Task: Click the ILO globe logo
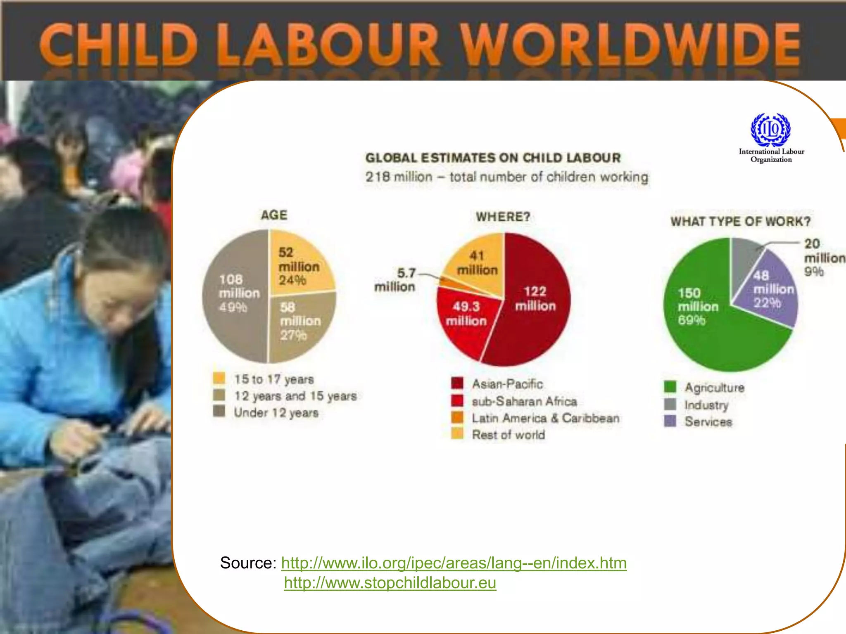(x=770, y=130)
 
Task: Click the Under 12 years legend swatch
(x=219, y=412)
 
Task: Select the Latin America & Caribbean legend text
(x=545, y=418)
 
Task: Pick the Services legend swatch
(x=670, y=421)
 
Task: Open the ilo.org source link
(x=454, y=563)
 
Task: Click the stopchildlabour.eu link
(x=390, y=583)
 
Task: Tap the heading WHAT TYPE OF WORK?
(x=740, y=222)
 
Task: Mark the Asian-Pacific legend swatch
(x=457, y=383)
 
